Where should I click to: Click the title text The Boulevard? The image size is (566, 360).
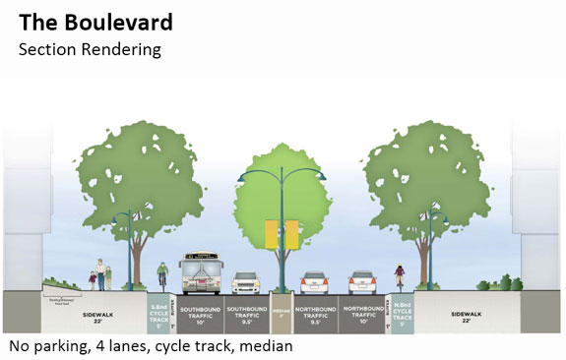click(95, 22)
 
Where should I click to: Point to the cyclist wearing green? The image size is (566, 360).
click(162, 276)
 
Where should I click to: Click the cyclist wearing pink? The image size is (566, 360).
click(400, 278)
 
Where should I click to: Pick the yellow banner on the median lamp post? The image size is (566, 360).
click(281, 234)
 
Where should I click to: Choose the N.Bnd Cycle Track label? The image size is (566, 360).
click(402, 313)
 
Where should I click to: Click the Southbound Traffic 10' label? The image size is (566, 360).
click(200, 315)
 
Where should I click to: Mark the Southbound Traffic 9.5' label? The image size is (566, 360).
click(246, 315)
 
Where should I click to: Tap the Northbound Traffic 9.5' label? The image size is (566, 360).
click(315, 315)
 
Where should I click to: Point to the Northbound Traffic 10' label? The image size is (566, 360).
click(362, 315)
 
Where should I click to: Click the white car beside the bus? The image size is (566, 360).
click(246, 283)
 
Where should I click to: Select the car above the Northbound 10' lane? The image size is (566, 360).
click(362, 282)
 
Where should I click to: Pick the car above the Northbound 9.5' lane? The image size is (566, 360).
click(314, 282)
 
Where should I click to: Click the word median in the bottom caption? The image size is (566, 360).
click(264, 347)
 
